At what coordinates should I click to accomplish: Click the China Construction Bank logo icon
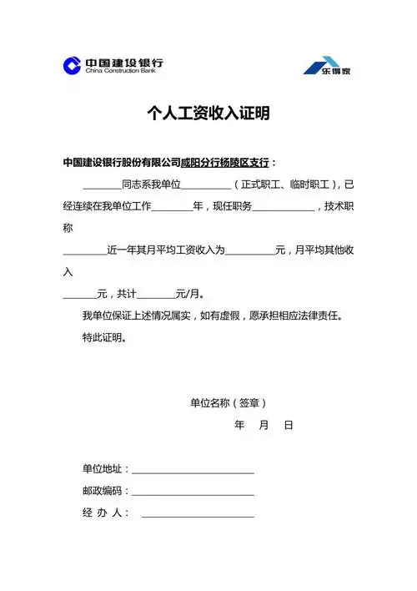point(73,65)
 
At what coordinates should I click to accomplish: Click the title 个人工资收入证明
point(208,114)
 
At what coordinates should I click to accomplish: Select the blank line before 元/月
point(155,295)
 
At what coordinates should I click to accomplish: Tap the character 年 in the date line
point(239,425)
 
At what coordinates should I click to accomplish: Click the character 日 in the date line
point(289,425)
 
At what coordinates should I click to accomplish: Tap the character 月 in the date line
point(264,425)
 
